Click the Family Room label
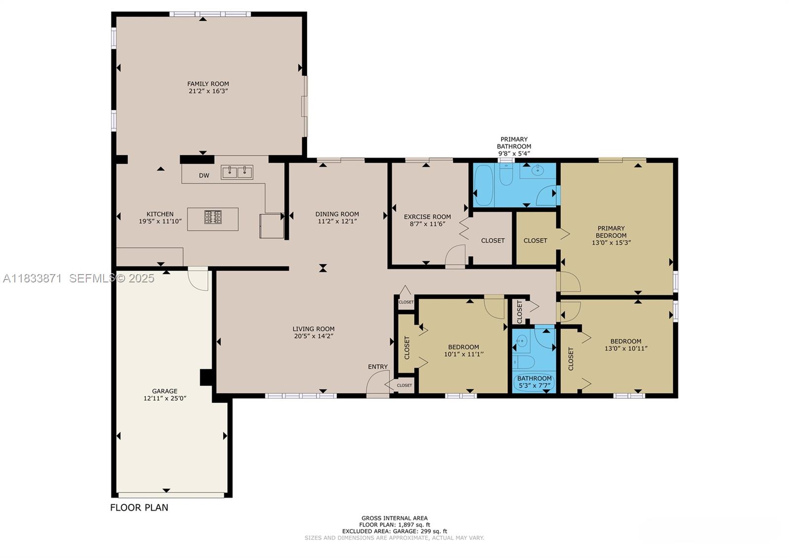pos(208,84)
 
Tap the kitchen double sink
pos(237,173)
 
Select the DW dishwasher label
pos(204,175)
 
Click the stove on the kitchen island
pos(213,217)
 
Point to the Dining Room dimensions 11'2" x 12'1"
pos(337,221)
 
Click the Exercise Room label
pos(427,217)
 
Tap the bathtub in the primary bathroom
pos(484,185)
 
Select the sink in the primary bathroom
pos(538,171)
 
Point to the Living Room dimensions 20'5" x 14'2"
pos(314,336)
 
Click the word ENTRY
pos(378,367)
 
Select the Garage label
pos(165,391)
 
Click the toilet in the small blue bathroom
pos(524,362)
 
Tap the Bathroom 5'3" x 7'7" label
pos(535,382)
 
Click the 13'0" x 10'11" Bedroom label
pos(626,345)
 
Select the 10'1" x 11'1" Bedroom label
pos(464,350)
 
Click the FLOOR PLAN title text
pos(139,507)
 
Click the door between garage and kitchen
pos(198,279)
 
